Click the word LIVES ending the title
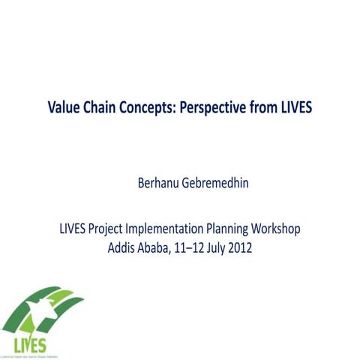(x=295, y=107)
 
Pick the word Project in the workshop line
(x=112, y=229)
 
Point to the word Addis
(x=122, y=247)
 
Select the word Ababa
(x=157, y=247)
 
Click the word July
(x=223, y=247)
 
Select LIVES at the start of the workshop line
(x=75, y=229)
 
